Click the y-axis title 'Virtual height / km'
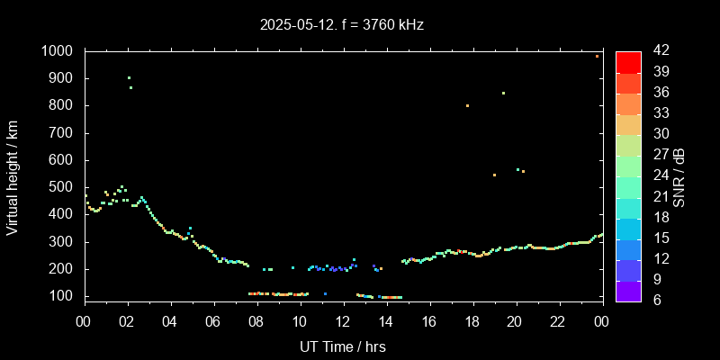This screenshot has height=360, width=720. pyautogui.click(x=13, y=177)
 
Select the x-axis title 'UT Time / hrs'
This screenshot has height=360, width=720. pyautogui.click(x=343, y=346)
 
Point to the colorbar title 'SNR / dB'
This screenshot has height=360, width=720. pyautogui.click(x=679, y=176)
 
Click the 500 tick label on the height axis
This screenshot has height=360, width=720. pyautogui.click(x=62, y=187)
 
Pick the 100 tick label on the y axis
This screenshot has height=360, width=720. pyautogui.click(x=62, y=296)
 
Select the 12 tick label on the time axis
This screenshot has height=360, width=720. pyautogui.click(x=343, y=321)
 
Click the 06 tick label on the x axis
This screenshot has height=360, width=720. pyautogui.click(x=213, y=321)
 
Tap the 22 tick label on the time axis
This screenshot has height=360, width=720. pyautogui.click(x=559, y=321)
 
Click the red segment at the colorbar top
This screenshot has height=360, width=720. pyautogui.click(x=628, y=61)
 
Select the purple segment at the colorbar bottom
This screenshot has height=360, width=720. pyautogui.click(x=628, y=290)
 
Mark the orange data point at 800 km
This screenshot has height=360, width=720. pyautogui.click(x=467, y=105)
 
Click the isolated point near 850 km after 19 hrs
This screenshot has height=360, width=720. pyautogui.click(x=503, y=93)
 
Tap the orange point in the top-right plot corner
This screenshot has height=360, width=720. pyautogui.click(x=597, y=56)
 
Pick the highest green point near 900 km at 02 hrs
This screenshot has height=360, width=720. pyautogui.click(x=129, y=77)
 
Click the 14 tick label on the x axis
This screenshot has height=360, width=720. pyautogui.click(x=386, y=321)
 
